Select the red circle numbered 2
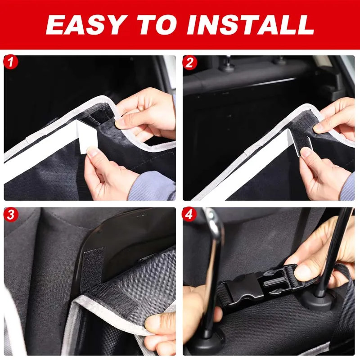pyautogui.click(x=190, y=62)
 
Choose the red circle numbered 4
pyautogui.click(x=190, y=215)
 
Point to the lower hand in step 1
pyautogui.click(x=108, y=173)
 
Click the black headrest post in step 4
pyautogui.click(x=333, y=252)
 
